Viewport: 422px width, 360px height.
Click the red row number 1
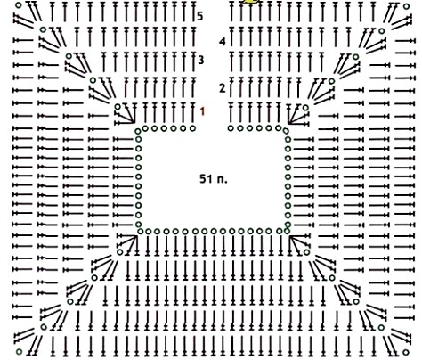tap(202, 111)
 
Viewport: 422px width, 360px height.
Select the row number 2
tap(223, 88)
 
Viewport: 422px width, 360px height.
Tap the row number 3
tap(201, 61)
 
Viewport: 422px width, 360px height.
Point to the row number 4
tap(223, 42)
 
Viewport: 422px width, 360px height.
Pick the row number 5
tap(200, 16)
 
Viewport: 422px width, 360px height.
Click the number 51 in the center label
tap(207, 179)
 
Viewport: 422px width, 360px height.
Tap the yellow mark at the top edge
tap(251, 2)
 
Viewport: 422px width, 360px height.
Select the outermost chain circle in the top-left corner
tap(19, 5)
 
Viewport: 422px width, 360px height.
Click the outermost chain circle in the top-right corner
tap(406, 6)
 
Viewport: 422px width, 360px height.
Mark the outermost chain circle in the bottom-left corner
tap(19, 352)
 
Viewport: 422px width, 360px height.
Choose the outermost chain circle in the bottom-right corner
tap(406, 352)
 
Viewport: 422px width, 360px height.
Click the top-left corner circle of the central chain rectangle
tap(138, 131)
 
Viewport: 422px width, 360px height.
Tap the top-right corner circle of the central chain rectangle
tap(286, 131)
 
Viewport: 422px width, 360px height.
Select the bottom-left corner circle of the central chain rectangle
tap(140, 231)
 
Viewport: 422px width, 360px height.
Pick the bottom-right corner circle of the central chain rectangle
tap(287, 231)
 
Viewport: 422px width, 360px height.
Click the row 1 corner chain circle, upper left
tap(118, 107)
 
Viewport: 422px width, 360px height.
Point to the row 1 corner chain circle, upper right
tap(305, 108)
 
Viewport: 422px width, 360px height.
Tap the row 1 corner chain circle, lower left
tap(119, 252)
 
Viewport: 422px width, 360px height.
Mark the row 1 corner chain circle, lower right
tap(306, 252)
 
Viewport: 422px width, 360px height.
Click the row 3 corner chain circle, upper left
tap(69, 56)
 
